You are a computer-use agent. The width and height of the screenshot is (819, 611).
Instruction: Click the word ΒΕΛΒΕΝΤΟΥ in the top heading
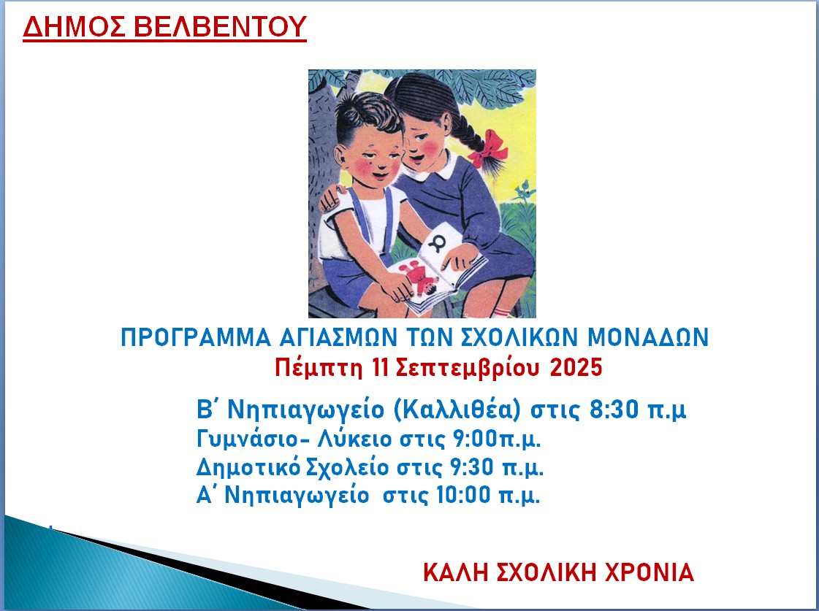(221, 27)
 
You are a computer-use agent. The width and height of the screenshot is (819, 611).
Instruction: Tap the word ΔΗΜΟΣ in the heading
(73, 27)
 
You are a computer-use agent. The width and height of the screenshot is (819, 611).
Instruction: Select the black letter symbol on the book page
(437, 242)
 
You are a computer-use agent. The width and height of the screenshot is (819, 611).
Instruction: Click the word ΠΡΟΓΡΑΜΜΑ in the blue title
(196, 337)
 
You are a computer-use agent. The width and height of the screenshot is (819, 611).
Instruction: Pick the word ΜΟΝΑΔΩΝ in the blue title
(648, 337)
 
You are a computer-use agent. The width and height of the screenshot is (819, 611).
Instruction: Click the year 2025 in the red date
(576, 368)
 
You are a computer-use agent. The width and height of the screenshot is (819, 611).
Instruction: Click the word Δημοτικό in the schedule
(248, 467)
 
